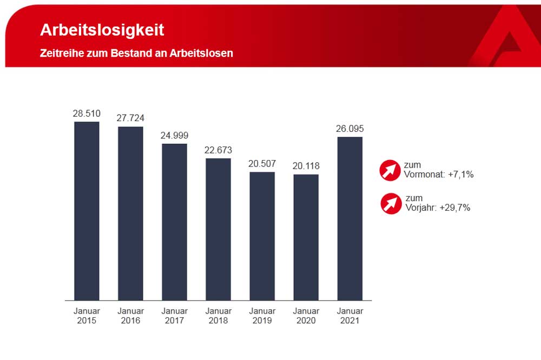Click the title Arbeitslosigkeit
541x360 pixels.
click(102, 30)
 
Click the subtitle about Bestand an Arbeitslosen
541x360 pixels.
click(136, 54)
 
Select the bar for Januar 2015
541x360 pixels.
click(87, 211)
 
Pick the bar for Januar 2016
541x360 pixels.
click(130, 214)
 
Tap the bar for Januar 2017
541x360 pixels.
click(174, 222)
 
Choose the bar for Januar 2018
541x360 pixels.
click(218, 229)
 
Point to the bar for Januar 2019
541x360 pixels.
click(262, 236)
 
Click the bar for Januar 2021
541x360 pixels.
click(349, 218)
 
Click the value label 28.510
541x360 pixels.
click(87, 114)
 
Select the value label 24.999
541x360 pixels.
click(174, 135)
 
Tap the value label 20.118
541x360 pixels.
click(306, 166)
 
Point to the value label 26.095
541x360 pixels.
click(349, 129)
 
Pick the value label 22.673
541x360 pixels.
click(218, 150)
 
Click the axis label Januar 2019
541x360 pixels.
click(262, 316)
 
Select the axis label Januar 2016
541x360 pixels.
click(130, 316)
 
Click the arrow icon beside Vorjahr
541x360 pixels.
click(391, 203)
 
